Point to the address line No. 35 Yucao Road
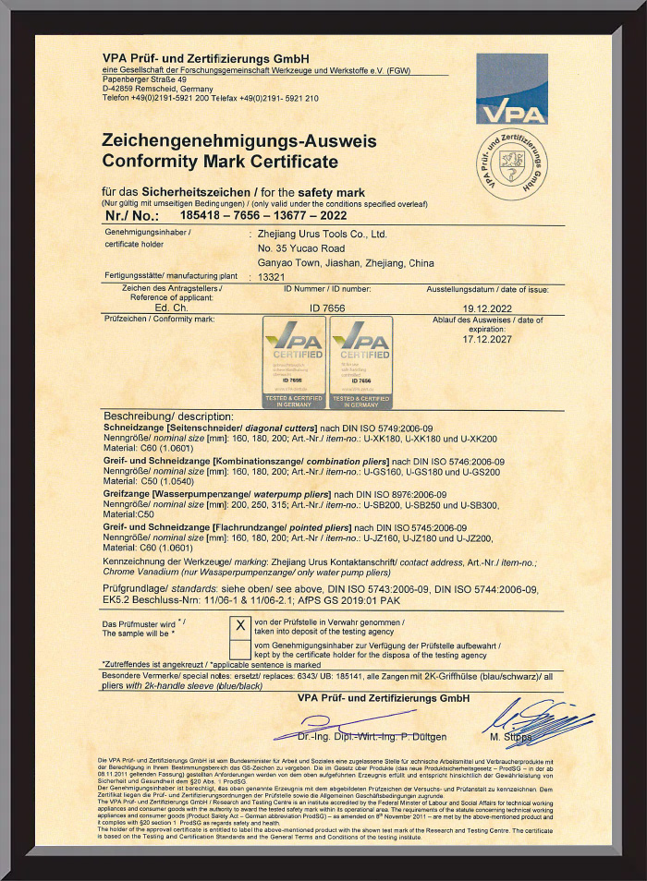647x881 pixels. click(301, 248)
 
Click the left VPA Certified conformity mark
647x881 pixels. click(295, 362)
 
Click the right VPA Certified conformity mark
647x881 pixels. click(360, 362)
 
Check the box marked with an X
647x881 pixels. click(239, 624)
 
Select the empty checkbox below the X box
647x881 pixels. click(239, 646)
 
